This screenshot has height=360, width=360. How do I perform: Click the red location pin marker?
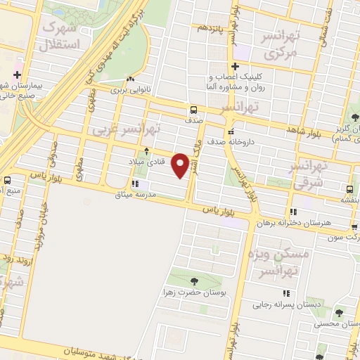coord(181,165)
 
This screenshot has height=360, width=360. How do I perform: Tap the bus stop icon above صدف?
coord(193,110)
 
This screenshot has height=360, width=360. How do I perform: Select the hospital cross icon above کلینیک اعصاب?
coord(234,66)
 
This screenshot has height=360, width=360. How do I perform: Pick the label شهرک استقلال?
coord(61,35)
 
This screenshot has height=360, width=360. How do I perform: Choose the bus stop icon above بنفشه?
coord(350,188)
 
